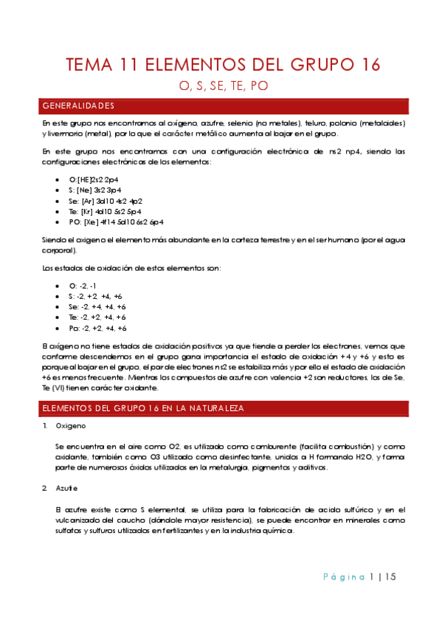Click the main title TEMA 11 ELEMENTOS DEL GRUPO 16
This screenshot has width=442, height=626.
[223, 65]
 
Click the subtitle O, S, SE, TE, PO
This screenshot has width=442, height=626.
[223, 86]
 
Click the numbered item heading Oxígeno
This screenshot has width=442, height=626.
[72, 427]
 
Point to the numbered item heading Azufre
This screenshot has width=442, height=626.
[68, 489]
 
